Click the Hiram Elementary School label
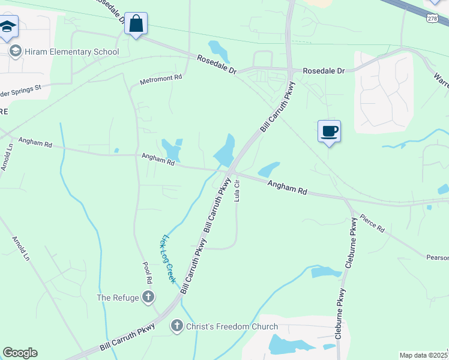click(71, 52)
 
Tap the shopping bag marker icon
click(136, 25)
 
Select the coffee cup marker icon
click(329, 131)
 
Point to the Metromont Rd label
click(160, 78)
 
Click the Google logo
click(20, 353)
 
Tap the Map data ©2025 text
click(424, 355)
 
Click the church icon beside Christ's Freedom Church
click(176, 326)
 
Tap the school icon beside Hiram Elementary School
click(16, 52)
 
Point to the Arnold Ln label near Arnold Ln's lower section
click(20, 248)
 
